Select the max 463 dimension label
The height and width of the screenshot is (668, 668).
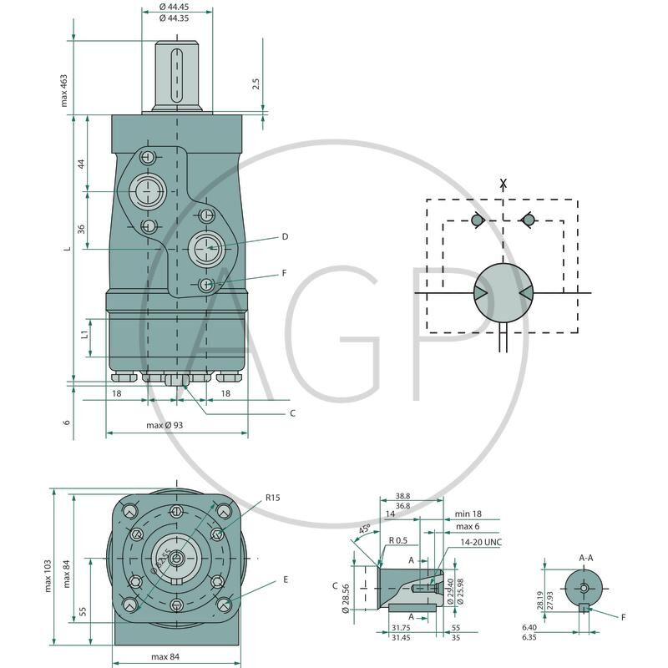coord(63,90)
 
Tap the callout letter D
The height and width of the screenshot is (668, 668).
coord(285,237)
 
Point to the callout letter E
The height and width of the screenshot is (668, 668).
coord(285,578)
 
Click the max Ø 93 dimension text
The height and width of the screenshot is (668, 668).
coord(165,426)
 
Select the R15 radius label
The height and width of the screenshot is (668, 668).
coord(274,498)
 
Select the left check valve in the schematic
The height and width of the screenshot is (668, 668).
coord(477,220)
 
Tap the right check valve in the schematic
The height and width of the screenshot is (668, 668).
coord(527,220)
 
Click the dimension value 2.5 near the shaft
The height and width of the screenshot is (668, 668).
coord(256,84)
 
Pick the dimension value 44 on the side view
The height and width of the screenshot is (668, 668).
coord(81,164)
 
